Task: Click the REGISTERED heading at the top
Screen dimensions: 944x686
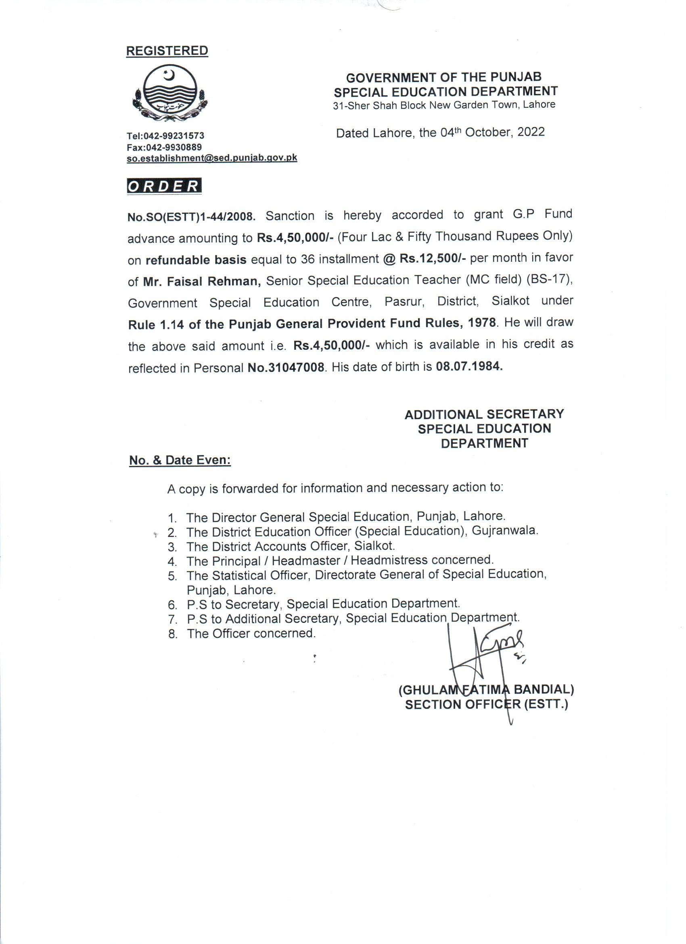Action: (x=167, y=51)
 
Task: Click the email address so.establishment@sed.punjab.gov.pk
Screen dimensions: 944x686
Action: (x=212, y=158)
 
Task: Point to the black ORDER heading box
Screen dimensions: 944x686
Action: (x=164, y=186)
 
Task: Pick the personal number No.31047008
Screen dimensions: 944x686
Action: (x=286, y=368)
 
